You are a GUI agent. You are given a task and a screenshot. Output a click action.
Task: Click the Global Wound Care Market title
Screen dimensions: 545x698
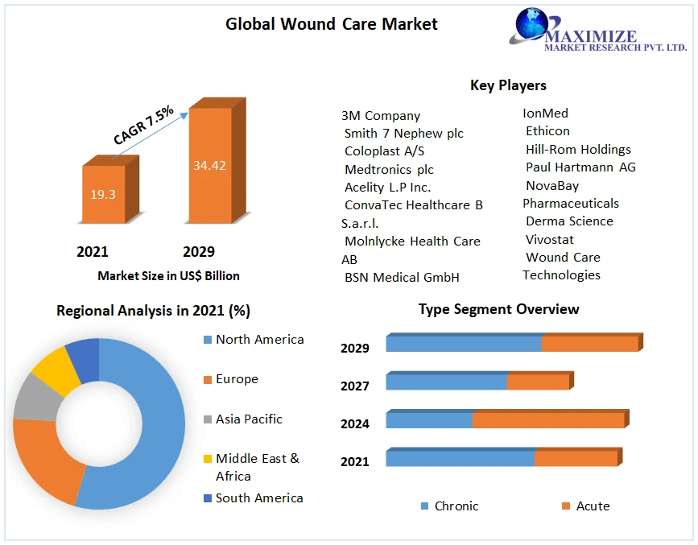click(x=331, y=24)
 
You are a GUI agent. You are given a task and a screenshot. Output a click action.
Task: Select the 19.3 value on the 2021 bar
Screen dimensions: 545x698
click(x=102, y=194)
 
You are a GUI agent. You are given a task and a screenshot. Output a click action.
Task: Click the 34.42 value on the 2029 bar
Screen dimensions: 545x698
click(x=209, y=166)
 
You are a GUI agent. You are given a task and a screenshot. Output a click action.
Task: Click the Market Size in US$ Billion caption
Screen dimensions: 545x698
click(x=168, y=275)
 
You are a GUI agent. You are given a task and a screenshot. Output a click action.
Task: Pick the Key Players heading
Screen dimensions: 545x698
click(x=508, y=85)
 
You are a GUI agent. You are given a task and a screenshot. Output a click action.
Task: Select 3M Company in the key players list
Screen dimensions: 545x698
click(x=381, y=116)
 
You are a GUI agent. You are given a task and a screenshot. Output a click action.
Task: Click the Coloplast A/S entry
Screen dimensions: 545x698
click(x=384, y=151)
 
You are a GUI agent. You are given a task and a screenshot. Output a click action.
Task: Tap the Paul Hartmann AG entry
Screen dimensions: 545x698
click(x=580, y=167)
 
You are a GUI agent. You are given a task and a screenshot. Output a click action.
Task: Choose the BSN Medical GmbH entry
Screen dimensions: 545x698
click(x=402, y=278)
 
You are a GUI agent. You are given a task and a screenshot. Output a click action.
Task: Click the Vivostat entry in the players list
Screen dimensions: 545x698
click(x=549, y=240)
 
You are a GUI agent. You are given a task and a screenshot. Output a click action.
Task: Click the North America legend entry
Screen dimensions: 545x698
click(x=259, y=340)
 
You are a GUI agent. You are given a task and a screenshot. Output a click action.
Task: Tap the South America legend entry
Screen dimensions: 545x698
click(x=259, y=498)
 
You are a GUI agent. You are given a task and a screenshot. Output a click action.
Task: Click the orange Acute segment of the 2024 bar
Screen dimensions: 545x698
click(x=547, y=420)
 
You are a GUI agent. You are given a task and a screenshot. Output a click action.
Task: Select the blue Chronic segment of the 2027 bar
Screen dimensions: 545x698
click(x=446, y=382)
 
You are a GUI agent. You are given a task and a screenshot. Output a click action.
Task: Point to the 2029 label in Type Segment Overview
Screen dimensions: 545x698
click(x=354, y=349)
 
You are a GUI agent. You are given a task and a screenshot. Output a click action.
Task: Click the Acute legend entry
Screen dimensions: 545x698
click(x=593, y=506)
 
